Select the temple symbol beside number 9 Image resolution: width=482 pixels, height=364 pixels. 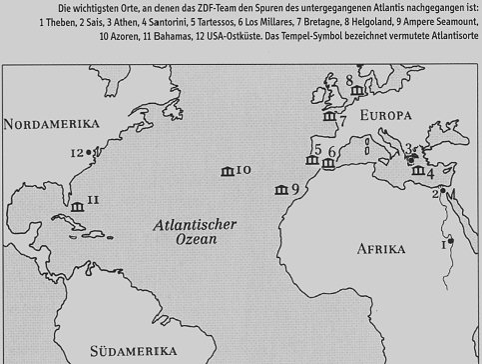279,190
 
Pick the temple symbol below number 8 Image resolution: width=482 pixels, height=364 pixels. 356,92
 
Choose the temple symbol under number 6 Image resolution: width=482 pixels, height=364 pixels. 329,163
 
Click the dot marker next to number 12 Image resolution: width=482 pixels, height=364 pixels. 91,152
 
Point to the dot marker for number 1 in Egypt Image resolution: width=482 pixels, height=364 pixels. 450,240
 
